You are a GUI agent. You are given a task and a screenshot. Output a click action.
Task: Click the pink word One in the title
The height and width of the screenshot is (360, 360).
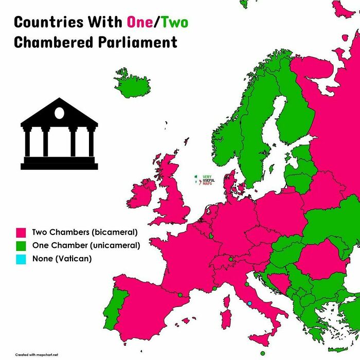(x=140, y=23)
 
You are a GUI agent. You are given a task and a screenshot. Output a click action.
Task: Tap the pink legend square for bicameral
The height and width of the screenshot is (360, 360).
(x=21, y=232)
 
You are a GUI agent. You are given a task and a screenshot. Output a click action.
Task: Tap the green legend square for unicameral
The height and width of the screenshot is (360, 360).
(x=21, y=246)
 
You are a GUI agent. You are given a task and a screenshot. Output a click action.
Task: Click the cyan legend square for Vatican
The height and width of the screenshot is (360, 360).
(x=21, y=259)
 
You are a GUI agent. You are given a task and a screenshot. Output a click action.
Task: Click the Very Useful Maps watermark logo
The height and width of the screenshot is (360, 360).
(x=204, y=181)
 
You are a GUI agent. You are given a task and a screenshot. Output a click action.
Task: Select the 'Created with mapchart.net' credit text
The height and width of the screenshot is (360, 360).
(x=37, y=354)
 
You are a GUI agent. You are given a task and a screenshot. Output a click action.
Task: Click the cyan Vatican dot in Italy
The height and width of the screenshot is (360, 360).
(x=250, y=303)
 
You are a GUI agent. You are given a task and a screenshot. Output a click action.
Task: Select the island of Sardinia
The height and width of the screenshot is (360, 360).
(x=225, y=319)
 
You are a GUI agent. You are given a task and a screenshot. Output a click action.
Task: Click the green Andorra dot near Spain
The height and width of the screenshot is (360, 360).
(x=180, y=295)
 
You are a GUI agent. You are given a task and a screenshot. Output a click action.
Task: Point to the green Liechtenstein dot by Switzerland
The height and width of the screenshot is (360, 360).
(x=231, y=259)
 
